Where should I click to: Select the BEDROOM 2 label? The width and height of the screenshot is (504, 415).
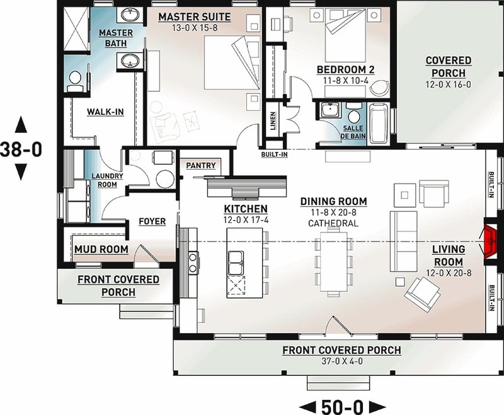click(345, 69)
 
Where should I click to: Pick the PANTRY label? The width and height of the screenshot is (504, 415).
click(201, 166)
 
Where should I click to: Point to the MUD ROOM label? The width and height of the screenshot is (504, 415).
click(101, 250)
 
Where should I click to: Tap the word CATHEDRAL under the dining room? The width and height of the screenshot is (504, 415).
click(333, 223)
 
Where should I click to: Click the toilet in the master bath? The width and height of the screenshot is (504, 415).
click(75, 79)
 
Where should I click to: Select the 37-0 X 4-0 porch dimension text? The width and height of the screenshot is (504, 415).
click(341, 361)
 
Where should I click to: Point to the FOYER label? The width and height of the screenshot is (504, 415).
click(152, 221)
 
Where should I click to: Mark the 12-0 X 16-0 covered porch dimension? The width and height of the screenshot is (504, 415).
click(448, 84)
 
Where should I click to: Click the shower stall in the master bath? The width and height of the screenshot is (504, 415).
click(77, 26)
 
